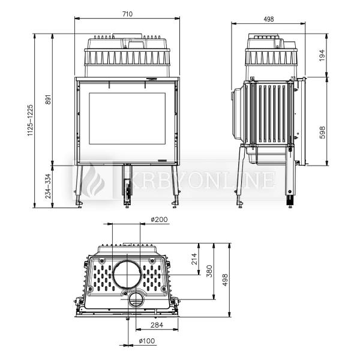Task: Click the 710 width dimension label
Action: pos(127,14)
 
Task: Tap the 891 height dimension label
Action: pos(48,99)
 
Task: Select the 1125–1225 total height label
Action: pos(30,121)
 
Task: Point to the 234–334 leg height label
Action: pos(48,186)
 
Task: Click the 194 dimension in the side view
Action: pos(322,55)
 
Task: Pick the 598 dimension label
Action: pos(322,133)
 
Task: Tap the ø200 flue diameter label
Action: pos(159,220)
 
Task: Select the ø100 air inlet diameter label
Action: pos(147,341)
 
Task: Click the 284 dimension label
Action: pos(157,325)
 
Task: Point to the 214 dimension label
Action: pos(194,259)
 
